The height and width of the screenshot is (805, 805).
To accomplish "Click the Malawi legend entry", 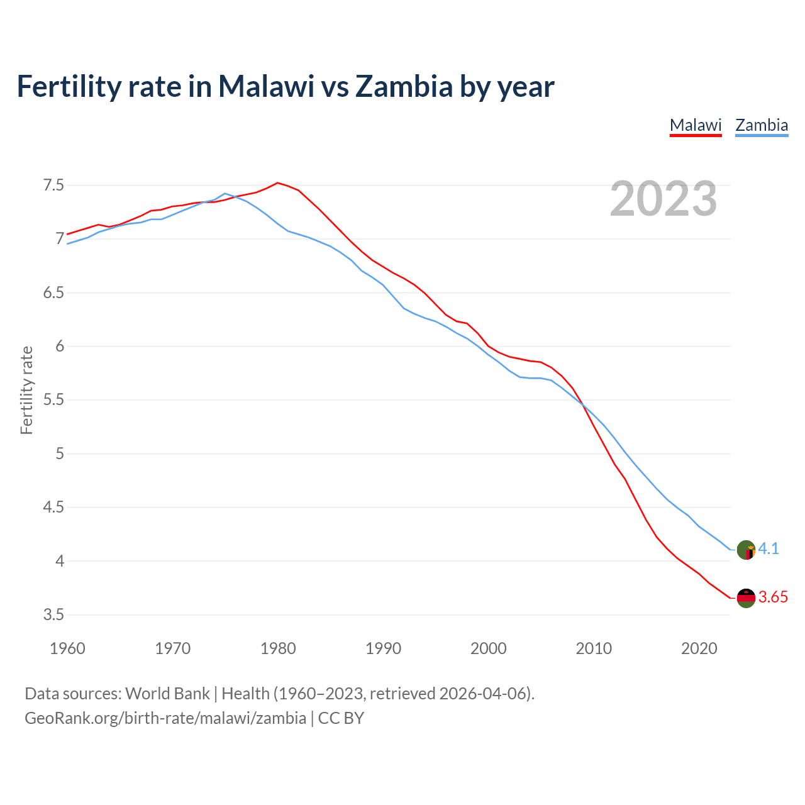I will coord(696,125).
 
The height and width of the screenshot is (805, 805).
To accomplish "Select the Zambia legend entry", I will coord(762,125).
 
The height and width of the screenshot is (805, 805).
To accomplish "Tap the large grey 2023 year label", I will coord(663,199).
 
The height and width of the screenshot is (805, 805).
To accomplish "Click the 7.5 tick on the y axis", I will coord(53,186).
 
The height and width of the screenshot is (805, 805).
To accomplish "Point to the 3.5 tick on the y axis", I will coord(53,614).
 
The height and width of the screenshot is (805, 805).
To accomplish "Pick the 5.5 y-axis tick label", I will coord(53,400).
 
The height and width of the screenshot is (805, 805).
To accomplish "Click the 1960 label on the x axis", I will coord(67,648).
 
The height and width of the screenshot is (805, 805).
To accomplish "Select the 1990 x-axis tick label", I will coord(383,648).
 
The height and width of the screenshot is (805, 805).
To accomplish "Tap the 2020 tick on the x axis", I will coord(699,648).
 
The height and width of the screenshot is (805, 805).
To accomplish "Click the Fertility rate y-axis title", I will coord(26,390).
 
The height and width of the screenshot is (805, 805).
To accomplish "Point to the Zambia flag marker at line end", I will coord(746,550).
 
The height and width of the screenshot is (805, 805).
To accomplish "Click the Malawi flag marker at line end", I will coord(746,598).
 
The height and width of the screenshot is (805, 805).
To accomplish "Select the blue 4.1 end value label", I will coord(769,549).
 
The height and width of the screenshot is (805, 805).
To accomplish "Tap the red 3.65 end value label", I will coord(773,597).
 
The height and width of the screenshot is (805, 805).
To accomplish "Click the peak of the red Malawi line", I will coord(277,183).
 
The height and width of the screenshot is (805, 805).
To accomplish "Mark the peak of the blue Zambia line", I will coord(225,194).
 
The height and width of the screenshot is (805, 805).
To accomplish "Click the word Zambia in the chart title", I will coord(404,87).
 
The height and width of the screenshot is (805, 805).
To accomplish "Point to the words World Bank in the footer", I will coord(167,694).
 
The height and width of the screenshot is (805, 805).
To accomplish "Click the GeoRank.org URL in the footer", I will coord(165,718).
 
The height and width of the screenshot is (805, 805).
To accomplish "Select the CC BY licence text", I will coord(341,718).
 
